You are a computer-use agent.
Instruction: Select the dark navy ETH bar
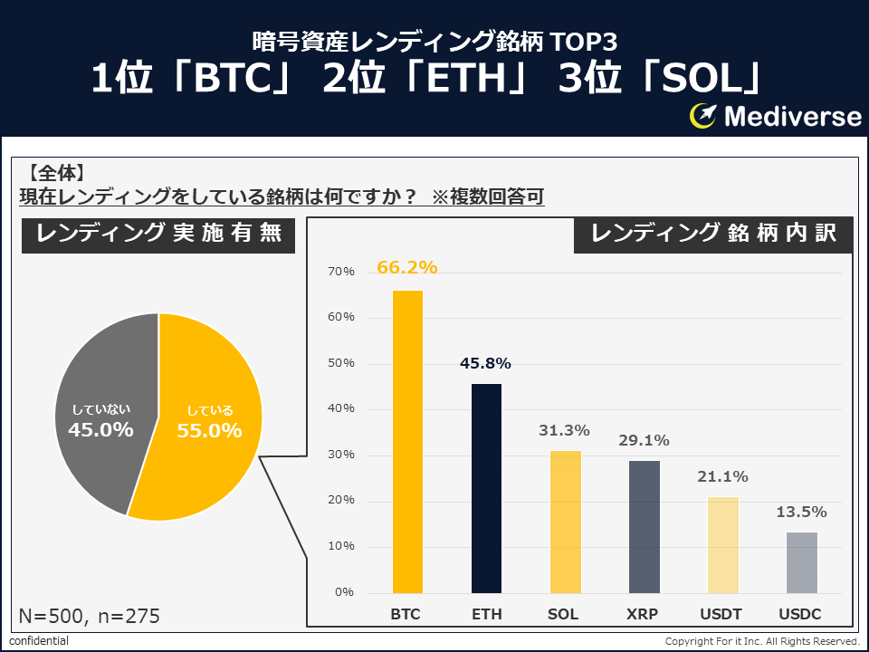coord(486,489)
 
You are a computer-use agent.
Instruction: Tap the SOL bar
coord(565,522)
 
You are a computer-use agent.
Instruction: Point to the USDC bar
coord(801,562)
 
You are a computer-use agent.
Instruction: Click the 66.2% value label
coord(407,267)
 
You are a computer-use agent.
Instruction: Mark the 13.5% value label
coord(801,513)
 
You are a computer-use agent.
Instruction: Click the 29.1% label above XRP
coord(644,441)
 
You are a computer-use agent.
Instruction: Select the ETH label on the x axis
coord(486,614)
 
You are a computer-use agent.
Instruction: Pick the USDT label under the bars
coord(721,614)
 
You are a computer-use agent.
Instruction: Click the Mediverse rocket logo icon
coord(703,116)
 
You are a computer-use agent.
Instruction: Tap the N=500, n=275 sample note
coord(89,617)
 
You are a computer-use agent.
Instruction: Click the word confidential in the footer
coord(39,641)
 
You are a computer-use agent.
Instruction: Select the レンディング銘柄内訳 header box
coord(715,234)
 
